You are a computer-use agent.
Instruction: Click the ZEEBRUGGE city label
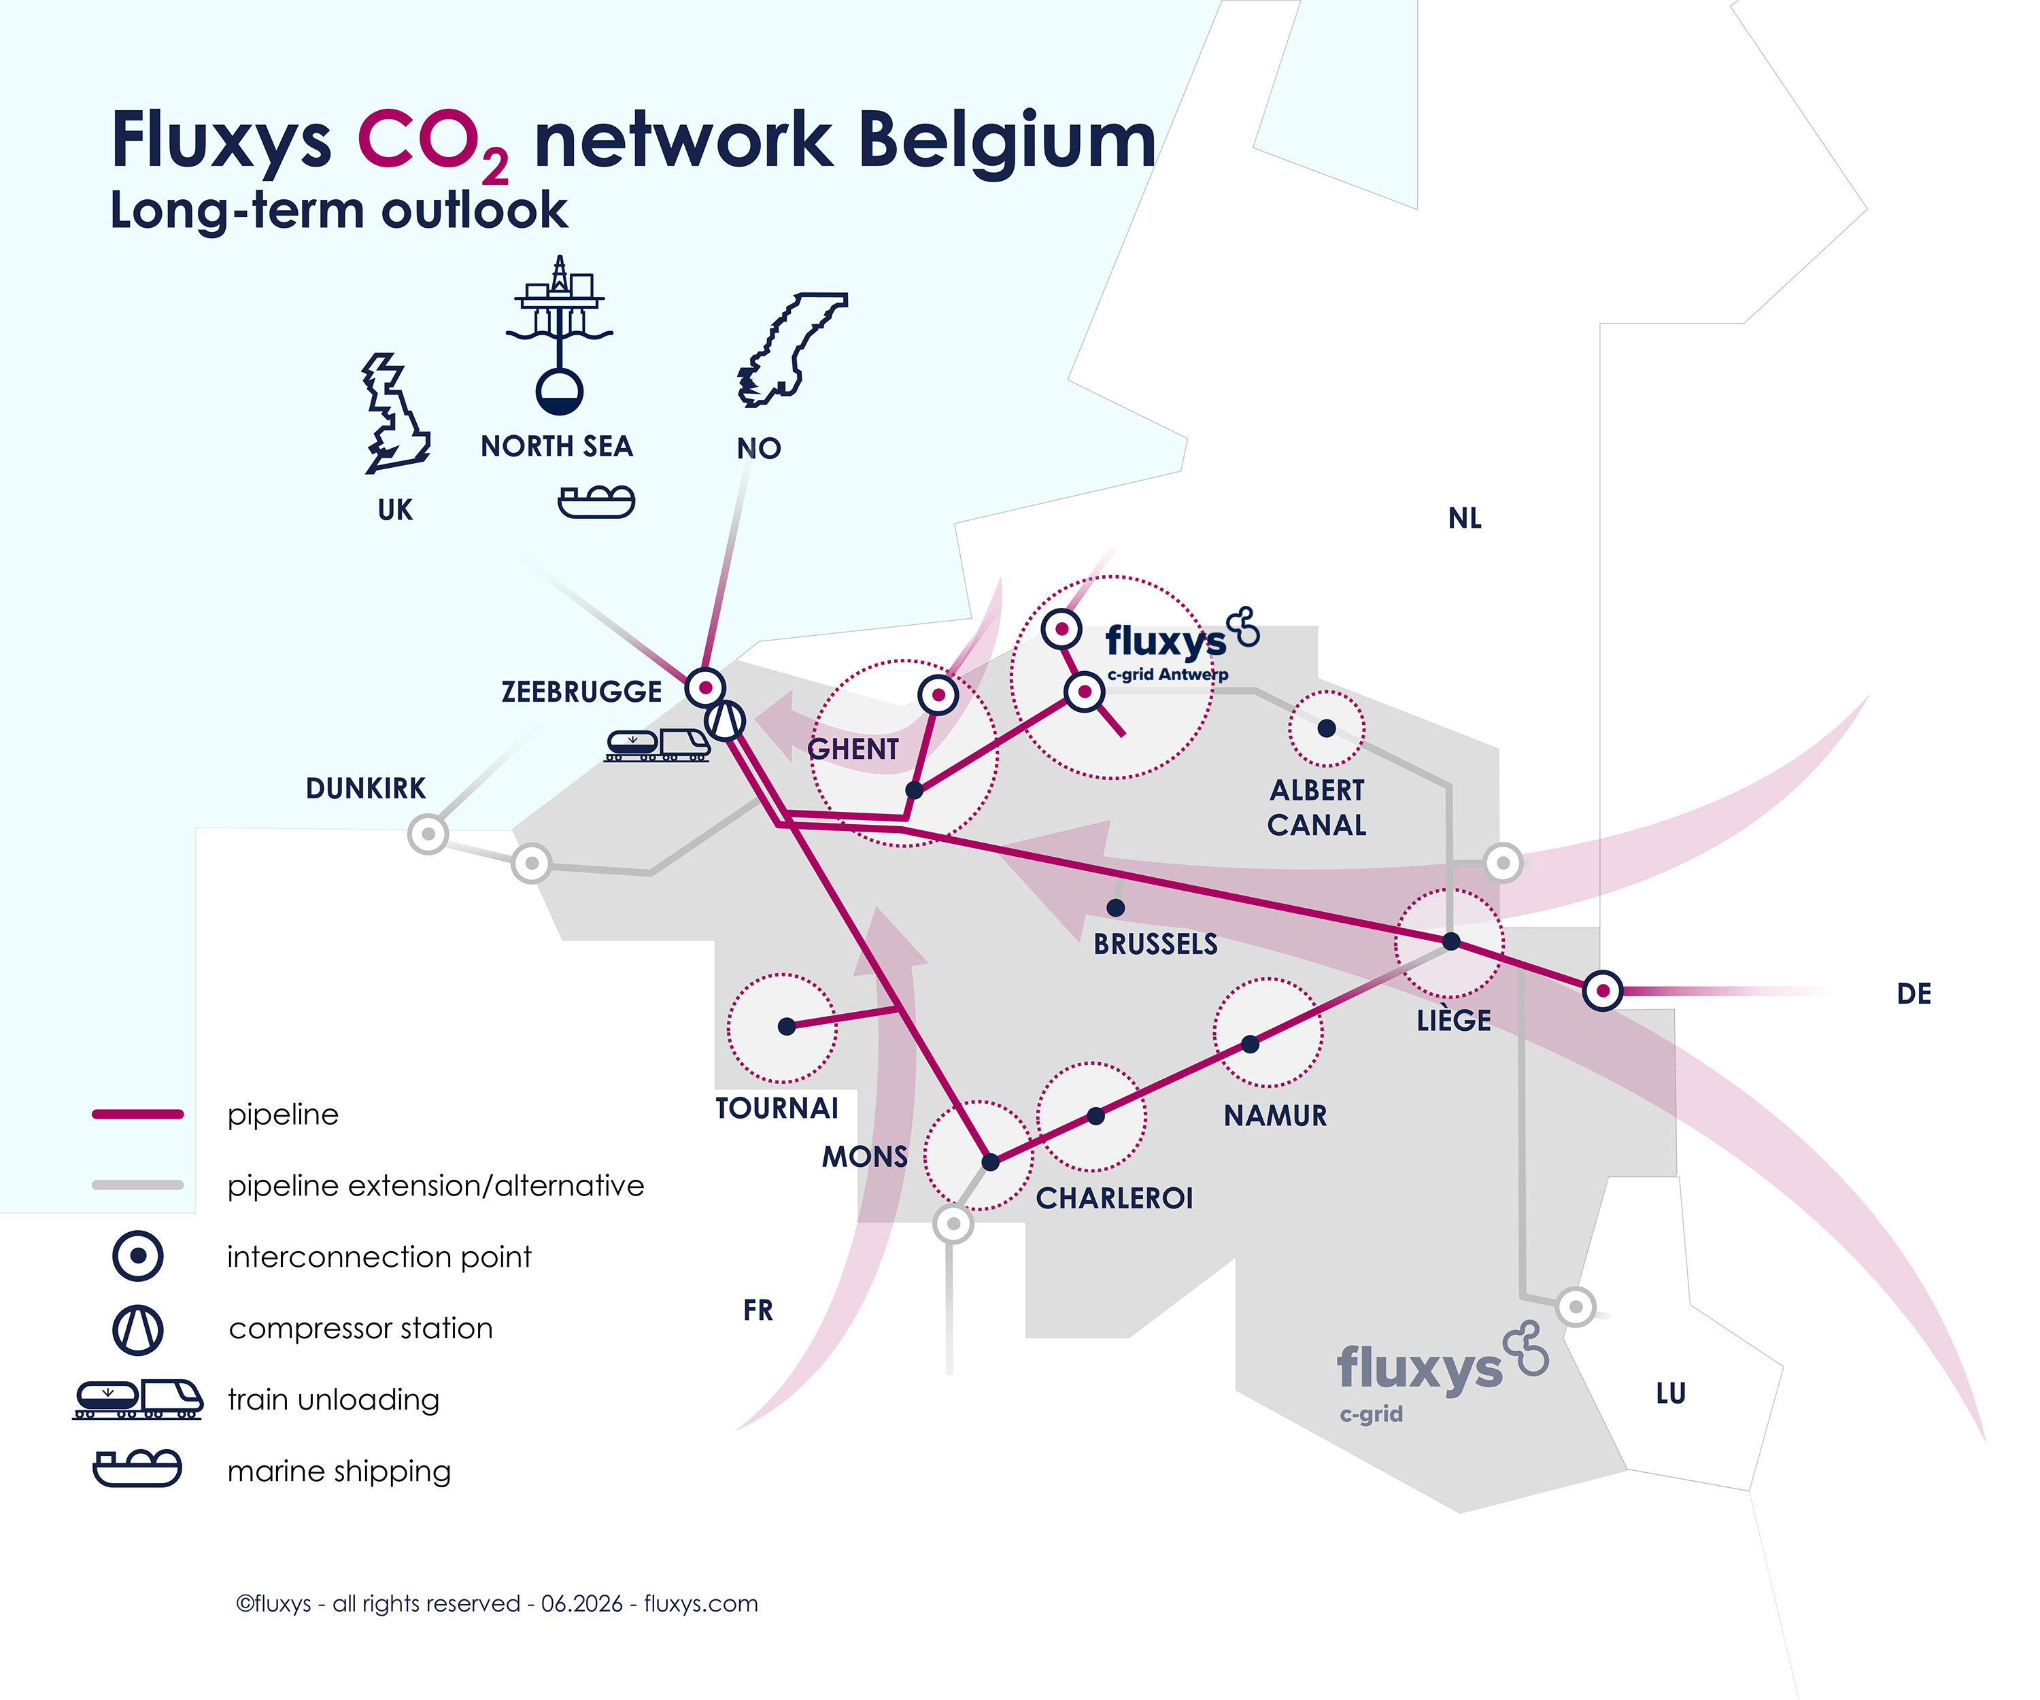(x=581, y=692)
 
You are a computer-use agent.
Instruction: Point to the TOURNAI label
(x=777, y=1108)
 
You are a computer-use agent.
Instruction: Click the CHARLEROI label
(x=1115, y=1197)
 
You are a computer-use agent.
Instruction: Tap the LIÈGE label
(x=1453, y=1019)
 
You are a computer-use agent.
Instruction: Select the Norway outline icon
(x=791, y=349)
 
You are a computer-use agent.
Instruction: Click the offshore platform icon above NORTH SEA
(x=560, y=333)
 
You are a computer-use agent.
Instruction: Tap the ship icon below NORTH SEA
(x=596, y=501)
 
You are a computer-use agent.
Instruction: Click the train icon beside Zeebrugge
(x=658, y=745)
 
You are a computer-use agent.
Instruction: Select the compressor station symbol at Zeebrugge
(x=725, y=721)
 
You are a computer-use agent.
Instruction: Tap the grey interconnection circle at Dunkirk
(x=428, y=834)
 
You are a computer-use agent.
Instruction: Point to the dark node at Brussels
(x=1116, y=907)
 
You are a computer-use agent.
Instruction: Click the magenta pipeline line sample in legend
(x=138, y=1115)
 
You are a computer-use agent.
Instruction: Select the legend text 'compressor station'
(x=360, y=1328)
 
